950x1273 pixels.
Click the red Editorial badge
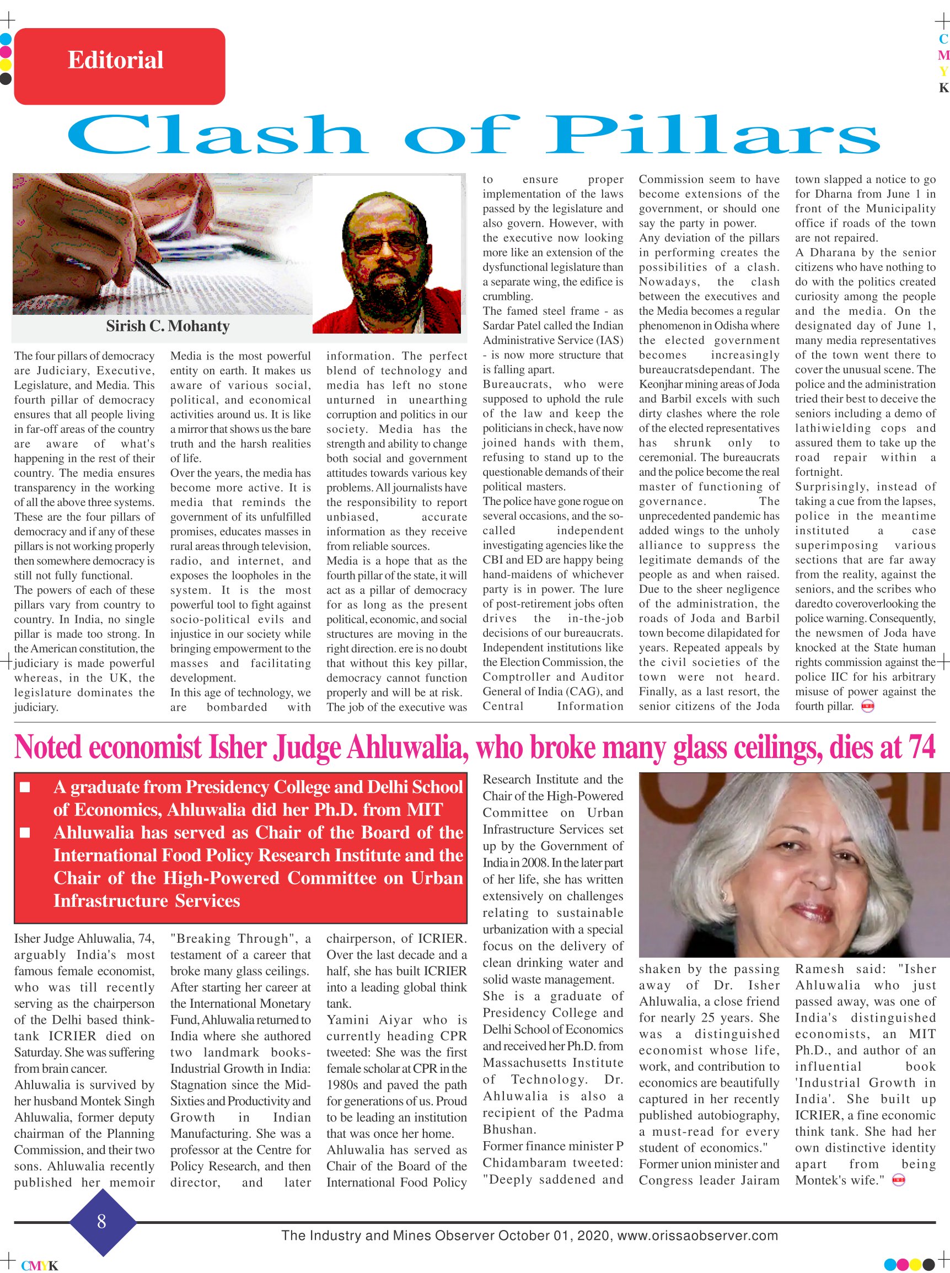pos(119,66)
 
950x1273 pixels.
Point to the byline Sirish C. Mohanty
pos(168,326)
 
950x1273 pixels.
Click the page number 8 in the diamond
pos(102,1221)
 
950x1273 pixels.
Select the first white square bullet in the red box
pos(25,787)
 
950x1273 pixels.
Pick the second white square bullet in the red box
pos(25,832)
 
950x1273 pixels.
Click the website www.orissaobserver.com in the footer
pos(697,1236)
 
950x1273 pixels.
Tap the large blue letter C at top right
pos(943,39)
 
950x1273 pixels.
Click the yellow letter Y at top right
pos(943,72)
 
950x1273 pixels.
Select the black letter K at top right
pos(943,88)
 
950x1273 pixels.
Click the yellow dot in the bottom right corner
pos(914,1264)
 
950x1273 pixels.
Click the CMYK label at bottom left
pos(39,1265)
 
